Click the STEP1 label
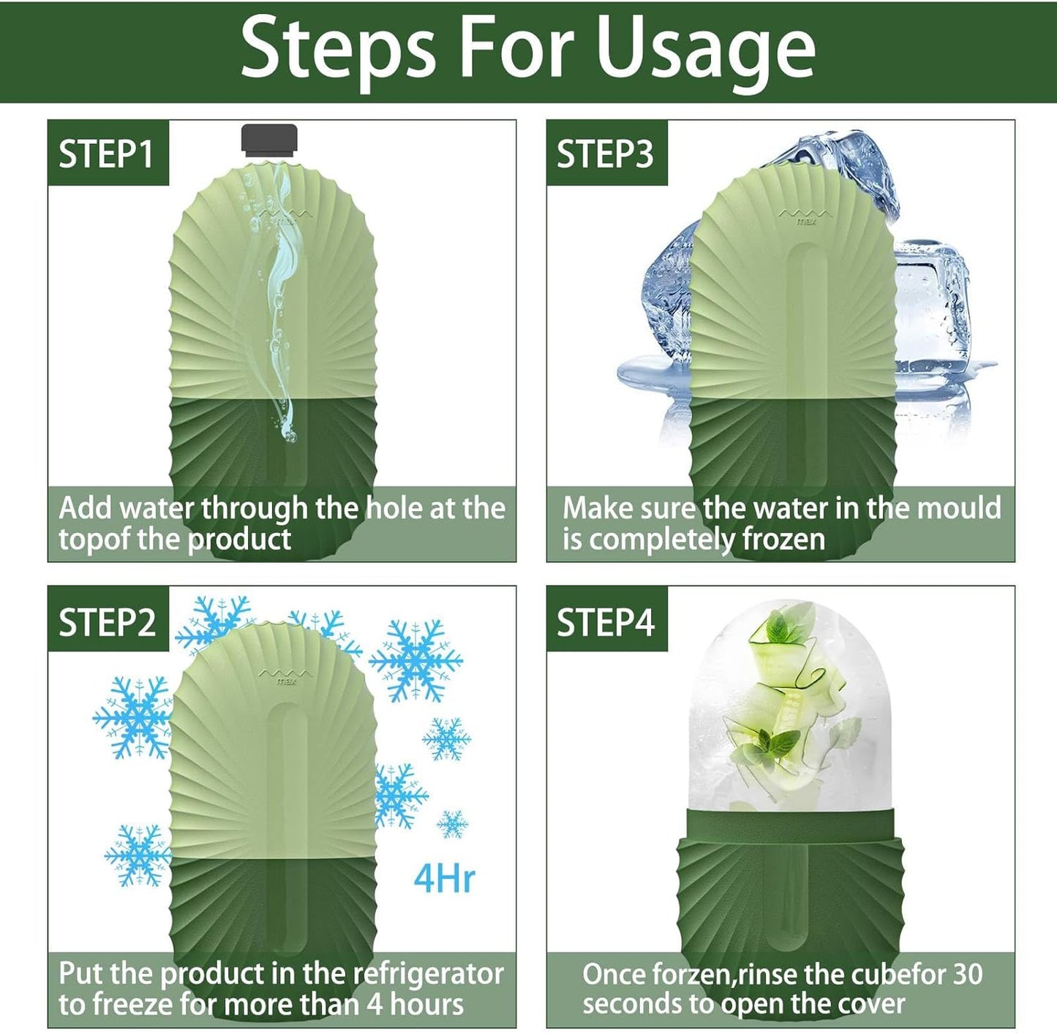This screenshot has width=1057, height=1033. click(107, 154)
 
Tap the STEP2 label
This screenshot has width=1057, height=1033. click(107, 622)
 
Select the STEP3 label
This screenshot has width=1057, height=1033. click(605, 154)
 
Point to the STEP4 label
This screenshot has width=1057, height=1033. click(605, 622)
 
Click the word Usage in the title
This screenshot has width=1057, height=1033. click(706, 50)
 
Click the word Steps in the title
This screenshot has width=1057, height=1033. click(338, 50)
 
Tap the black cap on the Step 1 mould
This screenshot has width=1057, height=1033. click(269, 140)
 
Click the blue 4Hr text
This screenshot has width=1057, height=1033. click(444, 878)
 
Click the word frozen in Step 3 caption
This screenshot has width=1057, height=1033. click(783, 540)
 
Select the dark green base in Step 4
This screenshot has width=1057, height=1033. click(790, 892)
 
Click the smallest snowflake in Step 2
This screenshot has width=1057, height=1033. click(452, 824)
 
